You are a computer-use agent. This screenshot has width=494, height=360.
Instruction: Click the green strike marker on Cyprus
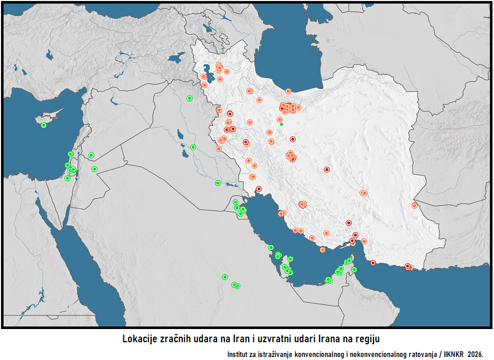pos(44,125)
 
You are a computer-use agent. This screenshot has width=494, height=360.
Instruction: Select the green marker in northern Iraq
pos(189,99)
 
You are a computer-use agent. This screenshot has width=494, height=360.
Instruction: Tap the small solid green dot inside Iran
pos(281,124)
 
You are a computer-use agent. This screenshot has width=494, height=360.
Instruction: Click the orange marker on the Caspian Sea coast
pos(288,91)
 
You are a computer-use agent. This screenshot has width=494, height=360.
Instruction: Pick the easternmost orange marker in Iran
pos(415,206)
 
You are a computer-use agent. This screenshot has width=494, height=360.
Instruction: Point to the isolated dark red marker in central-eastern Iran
pos(327,170)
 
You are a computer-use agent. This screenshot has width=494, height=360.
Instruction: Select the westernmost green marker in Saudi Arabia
pos(224,277)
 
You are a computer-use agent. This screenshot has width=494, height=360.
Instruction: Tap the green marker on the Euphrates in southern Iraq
pos(217,183)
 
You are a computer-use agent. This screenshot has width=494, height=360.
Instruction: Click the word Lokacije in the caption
pos(141,339)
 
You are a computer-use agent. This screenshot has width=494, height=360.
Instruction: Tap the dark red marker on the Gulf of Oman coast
pos(373,263)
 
